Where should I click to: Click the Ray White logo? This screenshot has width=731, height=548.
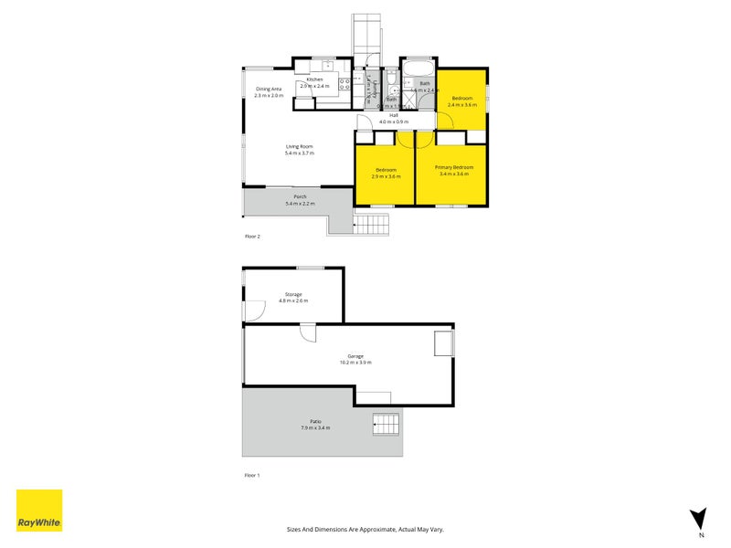pyautogui.click(x=39, y=511)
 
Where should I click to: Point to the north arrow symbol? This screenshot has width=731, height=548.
pyautogui.click(x=699, y=518)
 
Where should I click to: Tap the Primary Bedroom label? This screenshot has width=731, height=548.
pyautogui.click(x=454, y=167)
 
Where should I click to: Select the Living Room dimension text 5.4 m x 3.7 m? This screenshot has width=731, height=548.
pyautogui.click(x=299, y=153)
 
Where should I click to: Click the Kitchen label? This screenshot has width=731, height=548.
pyautogui.click(x=314, y=79)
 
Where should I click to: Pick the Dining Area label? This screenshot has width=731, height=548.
pyautogui.click(x=269, y=89)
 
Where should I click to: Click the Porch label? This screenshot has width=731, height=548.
pyautogui.click(x=299, y=196)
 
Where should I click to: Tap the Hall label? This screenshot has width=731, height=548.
pyautogui.click(x=394, y=115)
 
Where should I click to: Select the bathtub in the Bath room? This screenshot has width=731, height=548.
pyautogui.click(x=418, y=70)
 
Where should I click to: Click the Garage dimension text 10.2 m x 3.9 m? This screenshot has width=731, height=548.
pyautogui.click(x=355, y=363)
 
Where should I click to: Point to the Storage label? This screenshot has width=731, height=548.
pyautogui.click(x=291, y=295)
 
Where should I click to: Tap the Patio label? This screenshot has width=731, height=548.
pyautogui.click(x=314, y=421)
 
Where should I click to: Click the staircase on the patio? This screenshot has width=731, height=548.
pyautogui.click(x=386, y=424)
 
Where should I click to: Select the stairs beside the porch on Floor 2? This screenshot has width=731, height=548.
pyautogui.click(x=372, y=223)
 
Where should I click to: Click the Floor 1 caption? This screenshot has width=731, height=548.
pyautogui.click(x=252, y=476)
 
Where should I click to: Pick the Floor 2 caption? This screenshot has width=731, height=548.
pyautogui.click(x=252, y=237)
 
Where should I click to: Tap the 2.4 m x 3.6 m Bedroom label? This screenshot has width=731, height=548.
pyautogui.click(x=461, y=98)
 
